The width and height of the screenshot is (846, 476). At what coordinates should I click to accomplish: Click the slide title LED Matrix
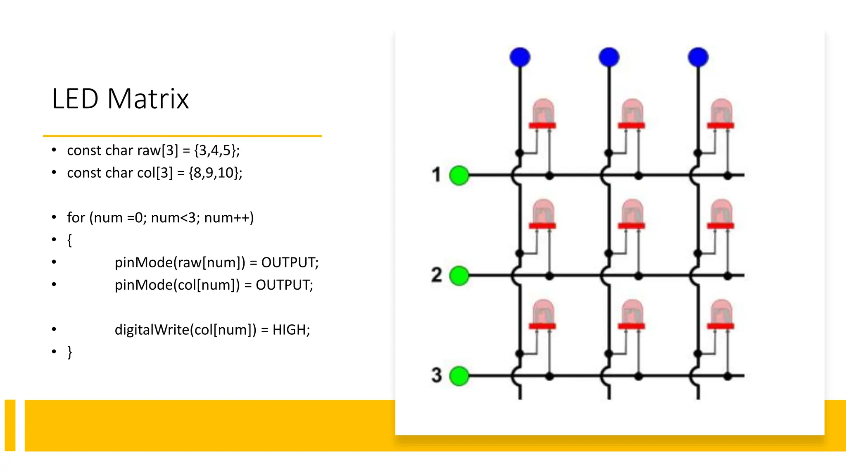120,99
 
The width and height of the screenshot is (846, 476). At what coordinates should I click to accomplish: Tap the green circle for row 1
459,176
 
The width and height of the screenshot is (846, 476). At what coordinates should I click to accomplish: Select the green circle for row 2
459,276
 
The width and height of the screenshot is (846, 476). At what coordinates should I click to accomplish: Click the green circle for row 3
459,376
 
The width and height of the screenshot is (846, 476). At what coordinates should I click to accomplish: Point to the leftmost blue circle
520,57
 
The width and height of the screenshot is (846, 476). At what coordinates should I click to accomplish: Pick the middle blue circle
609,57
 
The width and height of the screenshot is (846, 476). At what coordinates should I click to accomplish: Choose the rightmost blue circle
698,57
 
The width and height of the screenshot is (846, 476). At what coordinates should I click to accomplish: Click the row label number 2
437,275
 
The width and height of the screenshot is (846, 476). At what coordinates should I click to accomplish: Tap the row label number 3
437,375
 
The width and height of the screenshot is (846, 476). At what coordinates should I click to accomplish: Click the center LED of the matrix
632,215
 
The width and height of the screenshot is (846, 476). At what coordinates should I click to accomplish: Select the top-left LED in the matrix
543,114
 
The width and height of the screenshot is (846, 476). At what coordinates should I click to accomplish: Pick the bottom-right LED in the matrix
721,315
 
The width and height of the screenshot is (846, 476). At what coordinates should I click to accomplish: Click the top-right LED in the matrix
721,114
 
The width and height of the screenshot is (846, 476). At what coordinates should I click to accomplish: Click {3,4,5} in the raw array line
216,150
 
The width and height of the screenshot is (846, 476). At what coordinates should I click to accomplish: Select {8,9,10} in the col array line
215,173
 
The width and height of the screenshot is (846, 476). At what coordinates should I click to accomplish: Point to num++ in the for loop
228,218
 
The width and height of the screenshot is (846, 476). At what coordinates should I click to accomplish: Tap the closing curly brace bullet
69,352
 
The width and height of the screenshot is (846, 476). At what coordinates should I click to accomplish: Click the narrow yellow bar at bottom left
10,425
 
